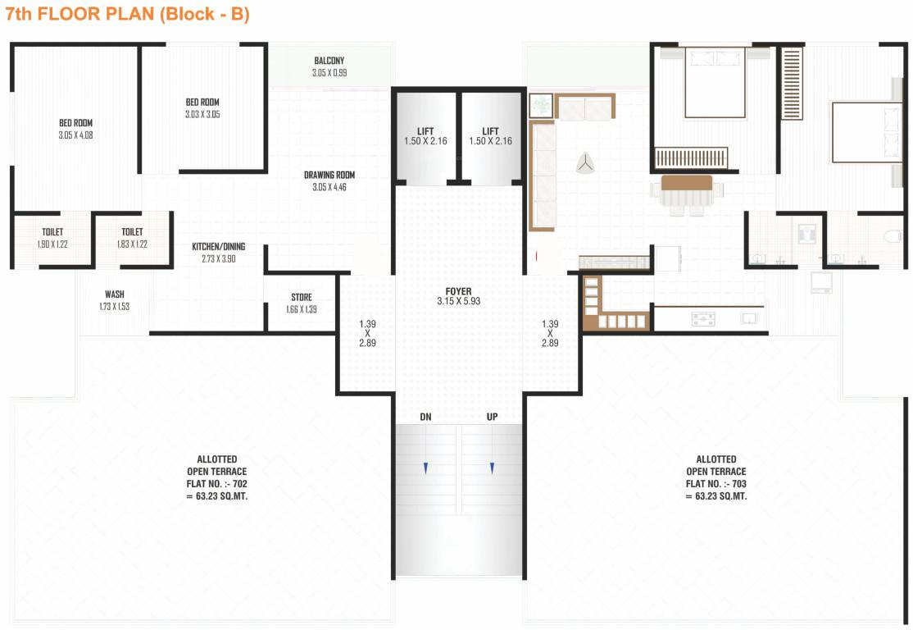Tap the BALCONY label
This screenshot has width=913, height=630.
[329, 61]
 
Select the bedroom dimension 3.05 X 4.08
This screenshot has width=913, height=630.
[75, 135]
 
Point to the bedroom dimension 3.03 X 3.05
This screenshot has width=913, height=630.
[202, 114]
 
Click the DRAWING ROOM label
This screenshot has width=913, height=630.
[329, 175]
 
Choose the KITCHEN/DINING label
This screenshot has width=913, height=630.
[218, 246]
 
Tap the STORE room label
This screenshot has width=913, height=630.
[301, 297]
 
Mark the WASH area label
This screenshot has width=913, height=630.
[114, 294]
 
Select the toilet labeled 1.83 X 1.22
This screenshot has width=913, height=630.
[132, 244]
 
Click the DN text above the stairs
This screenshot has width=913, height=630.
[425, 417]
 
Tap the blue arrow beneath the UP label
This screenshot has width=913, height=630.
[492, 468]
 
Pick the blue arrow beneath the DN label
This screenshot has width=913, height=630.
[425, 468]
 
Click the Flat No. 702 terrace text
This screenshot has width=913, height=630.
[216, 483]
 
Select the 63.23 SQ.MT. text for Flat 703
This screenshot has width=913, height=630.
[715, 495]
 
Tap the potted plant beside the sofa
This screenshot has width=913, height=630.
[540, 105]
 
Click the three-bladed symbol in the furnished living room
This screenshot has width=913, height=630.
[585, 163]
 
